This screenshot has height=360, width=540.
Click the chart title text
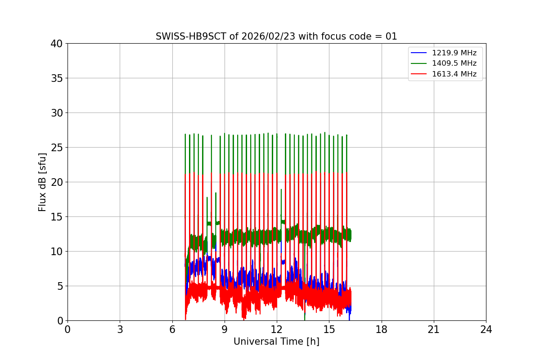tap(276, 36)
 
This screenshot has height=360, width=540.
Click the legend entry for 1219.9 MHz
tap(454, 53)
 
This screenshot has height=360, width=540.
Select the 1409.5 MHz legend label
tap(454, 63)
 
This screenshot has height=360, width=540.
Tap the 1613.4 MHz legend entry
tap(454, 74)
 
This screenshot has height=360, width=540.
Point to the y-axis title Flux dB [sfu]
tap(42, 182)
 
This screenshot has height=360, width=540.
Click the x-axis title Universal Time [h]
tap(276, 342)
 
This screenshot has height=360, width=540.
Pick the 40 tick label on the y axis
tap(57, 44)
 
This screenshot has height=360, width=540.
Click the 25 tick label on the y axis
tap(57, 148)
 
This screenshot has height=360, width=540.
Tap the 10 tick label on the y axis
tap(57, 252)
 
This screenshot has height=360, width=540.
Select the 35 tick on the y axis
tap(57, 78)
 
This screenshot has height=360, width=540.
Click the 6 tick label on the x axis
tap(172, 329)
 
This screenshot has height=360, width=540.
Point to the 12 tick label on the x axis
tap(277, 329)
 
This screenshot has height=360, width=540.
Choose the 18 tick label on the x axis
tap(381, 329)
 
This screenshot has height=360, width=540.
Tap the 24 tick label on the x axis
tap(486, 329)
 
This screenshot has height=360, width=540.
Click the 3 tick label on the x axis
tap(120, 329)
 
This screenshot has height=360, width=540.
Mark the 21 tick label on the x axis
tap(434, 329)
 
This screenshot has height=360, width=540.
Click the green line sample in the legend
tap(418, 63)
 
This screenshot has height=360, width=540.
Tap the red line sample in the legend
tap(418, 74)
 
